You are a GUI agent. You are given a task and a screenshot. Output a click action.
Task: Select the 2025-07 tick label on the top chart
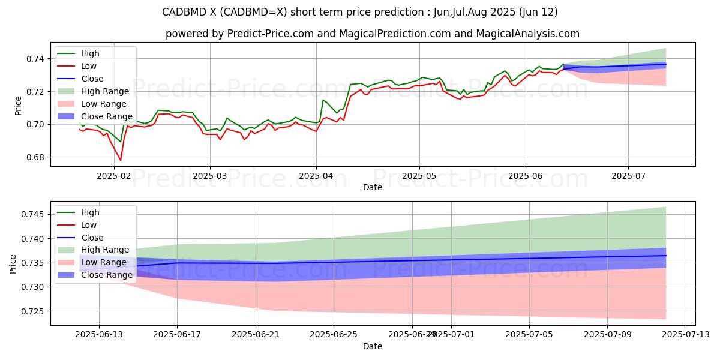(x=628, y=176)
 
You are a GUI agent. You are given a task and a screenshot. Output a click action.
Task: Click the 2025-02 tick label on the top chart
(x=113, y=176)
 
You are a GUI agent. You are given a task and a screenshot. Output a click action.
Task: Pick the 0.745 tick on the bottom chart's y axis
(x=33, y=215)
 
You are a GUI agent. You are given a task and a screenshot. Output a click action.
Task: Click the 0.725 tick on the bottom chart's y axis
(x=33, y=311)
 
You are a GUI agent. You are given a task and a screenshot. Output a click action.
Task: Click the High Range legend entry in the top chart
(x=105, y=91)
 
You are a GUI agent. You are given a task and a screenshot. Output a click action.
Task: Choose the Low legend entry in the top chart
(x=89, y=66)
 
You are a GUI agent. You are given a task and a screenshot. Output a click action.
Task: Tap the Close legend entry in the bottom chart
(x=92, y=238)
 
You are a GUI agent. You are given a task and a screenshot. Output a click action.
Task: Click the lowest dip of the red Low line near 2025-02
(x=121, y=160)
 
